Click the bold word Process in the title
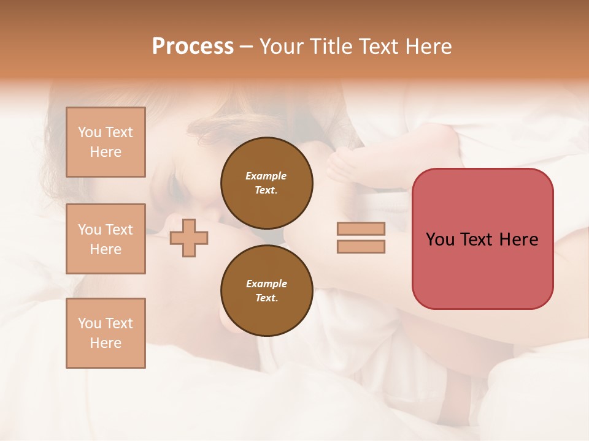[x=193, y=47]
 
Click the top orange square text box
[x=106, y=142]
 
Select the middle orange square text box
[x=106, y=239]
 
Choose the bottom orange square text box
[x=106, y=333]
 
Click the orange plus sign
[x=189, y=238]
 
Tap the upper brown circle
[x=267, y=183]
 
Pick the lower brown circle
[x=267, y=290]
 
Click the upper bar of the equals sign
[x=361, y=228]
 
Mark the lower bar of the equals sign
[x=361, y=247]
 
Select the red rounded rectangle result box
[x=482, y=239]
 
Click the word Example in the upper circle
[x=266, y=176]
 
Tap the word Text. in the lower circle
[x=266, y=298]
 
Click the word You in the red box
[x=440, y=239]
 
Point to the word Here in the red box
[x=518, y=239]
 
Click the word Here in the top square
[x=106, y=152]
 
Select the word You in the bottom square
[x=90, y=323]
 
